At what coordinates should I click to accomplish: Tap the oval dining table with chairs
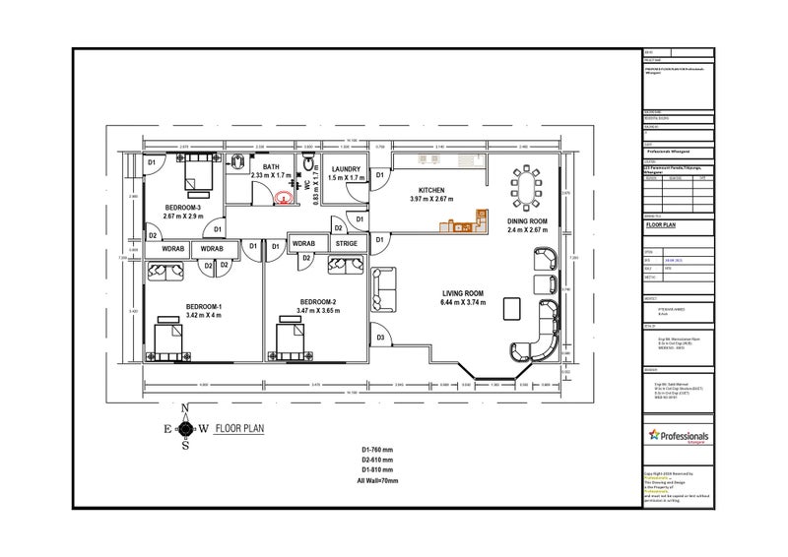tap(526, 185)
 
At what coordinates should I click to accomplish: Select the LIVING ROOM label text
tap(461, 293)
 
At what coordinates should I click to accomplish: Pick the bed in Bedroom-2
tap(292, 343)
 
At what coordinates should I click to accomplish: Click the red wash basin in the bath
tap(284, 197)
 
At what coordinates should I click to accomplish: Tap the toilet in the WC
tap(308, 162)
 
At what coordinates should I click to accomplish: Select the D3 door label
tap(380, 339)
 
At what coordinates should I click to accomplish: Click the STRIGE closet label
tap(346, 243)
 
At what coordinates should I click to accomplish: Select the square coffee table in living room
tap(511, 308)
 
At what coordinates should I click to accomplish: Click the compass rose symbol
tap(185, 428)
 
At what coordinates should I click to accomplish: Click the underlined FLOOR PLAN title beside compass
tap(238, 429)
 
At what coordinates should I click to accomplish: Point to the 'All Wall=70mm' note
tap(377, 480)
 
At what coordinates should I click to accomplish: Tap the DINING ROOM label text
tap(527, 221)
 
